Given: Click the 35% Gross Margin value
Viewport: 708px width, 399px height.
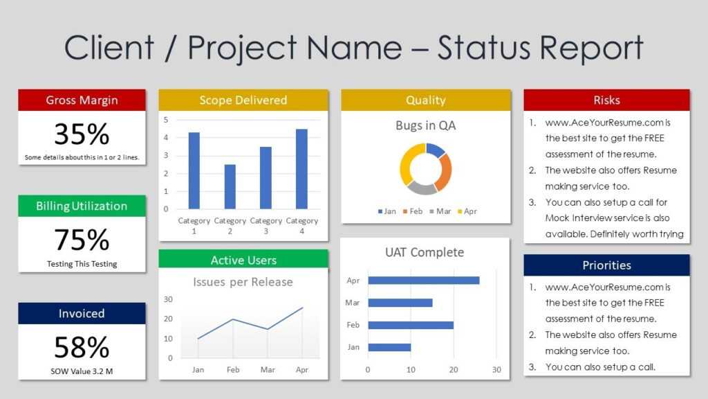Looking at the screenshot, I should pyautogui.click(x=82, y=134).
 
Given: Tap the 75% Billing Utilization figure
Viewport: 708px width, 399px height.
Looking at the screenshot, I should pyautogui.click(x=82, y=240).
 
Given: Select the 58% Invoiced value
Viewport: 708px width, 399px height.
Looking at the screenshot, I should pyautogui.click(x=82, y=347).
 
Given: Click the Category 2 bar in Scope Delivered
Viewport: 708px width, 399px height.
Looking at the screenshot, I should pyautogui.click(x=230, y=186).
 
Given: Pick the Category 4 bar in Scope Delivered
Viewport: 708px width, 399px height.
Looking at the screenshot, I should pyautogui.click(x=301, y=169).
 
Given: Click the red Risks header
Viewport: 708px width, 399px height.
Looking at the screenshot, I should pyautogui.click(x=606, y=100).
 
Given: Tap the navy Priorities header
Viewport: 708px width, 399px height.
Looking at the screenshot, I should pyautogui.click(x=606, y=265).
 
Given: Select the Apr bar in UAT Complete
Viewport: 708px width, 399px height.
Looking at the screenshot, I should pyautogui.click(x=423, y=281).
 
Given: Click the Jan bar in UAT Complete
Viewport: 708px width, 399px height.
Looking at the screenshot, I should pyautogui.click(x=389, y=347).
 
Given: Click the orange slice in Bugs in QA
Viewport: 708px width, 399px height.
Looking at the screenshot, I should pyautogui.click(x=445, y=170).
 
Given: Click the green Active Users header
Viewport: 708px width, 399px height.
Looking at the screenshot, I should pyautogui.click(x=243, y=260).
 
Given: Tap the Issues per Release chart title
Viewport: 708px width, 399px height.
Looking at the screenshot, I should pyautogui.click(x=243, y=282).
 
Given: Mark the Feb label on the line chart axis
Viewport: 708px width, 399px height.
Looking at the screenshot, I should pyautogui.click(x=233, y=370).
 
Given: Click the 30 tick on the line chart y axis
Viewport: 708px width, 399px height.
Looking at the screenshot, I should pyautogui.click(x=168, y=299).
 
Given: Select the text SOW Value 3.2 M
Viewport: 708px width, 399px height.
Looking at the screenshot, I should pyautogui.click(x=82, y=371).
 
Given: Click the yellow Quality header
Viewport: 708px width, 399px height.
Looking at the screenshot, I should pyautogui.click(x=426, y=100).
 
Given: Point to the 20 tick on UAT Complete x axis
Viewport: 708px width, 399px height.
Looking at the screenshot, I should pyautogui.click(x=454, y=370).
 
